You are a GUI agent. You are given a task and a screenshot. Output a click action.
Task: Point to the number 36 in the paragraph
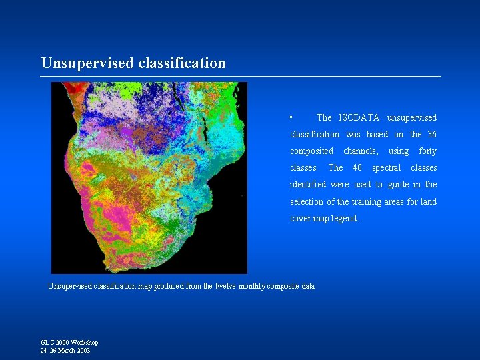click(431, 135)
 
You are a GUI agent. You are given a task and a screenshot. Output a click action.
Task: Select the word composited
click(311, 151)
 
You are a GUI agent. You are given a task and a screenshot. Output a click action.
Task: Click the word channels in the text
click(361, 151)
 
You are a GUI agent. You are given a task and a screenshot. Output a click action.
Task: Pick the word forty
click(427, 151)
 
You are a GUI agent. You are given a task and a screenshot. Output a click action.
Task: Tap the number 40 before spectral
click(357, 168)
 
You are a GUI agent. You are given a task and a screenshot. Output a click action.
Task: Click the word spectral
click(386, 168)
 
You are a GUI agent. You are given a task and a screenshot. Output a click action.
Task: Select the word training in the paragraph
click(375, 202)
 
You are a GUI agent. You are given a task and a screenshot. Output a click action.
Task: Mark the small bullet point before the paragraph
click(291, 117)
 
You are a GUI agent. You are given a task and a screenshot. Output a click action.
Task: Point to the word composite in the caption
click(283, 286)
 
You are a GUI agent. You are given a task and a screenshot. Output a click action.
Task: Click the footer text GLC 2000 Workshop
click(69, 343)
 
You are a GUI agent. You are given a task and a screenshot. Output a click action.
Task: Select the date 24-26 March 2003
click(65, 350)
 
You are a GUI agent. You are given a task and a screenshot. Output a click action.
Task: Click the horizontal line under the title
click(240, 76)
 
